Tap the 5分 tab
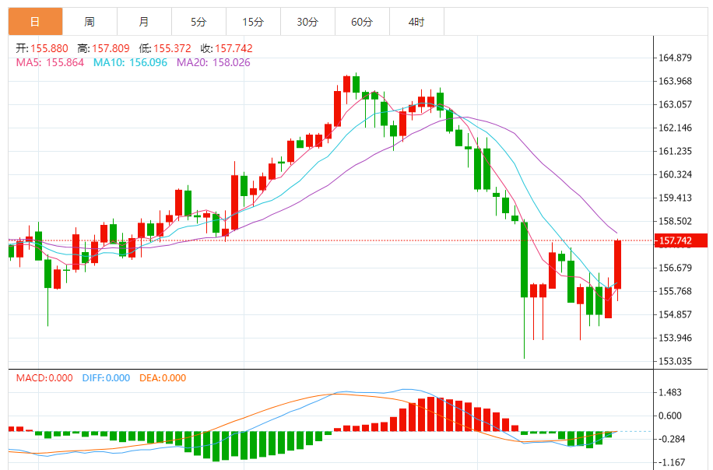[198, 22]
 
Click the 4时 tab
[416, 22]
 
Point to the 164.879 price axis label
[676, 58]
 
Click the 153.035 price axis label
[676, 361]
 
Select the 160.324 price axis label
[676, 174]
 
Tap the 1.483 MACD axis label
[670, 393]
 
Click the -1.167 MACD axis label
[670, 462]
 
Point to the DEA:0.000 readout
[163, 378]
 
